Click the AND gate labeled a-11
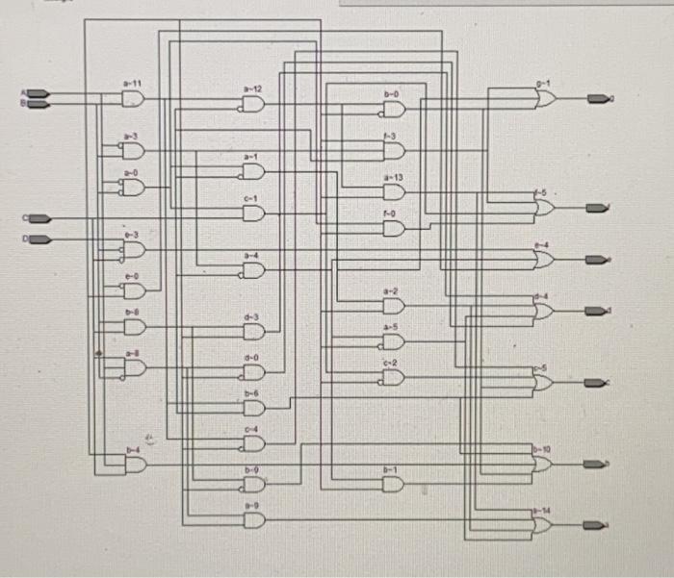tap(133, 98)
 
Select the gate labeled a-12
tap(253, 103)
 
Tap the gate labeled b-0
tap(394, 110)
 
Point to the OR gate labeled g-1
tap(545, 98)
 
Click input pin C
tap(37, 216)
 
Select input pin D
tap(37, 238)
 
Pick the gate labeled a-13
tap(394, 192)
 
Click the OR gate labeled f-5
tap(545, 207)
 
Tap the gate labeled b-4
tap(135, 465)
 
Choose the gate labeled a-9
tap(253, 520)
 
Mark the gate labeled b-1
tap(393, 484)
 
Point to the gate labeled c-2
tap(393, 376)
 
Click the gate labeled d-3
tap(253, 332)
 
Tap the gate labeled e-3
tap(133, 249)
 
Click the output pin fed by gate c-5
tap(599, 382)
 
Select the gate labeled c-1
tap(252, 213)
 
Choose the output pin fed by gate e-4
tap(599, 260)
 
